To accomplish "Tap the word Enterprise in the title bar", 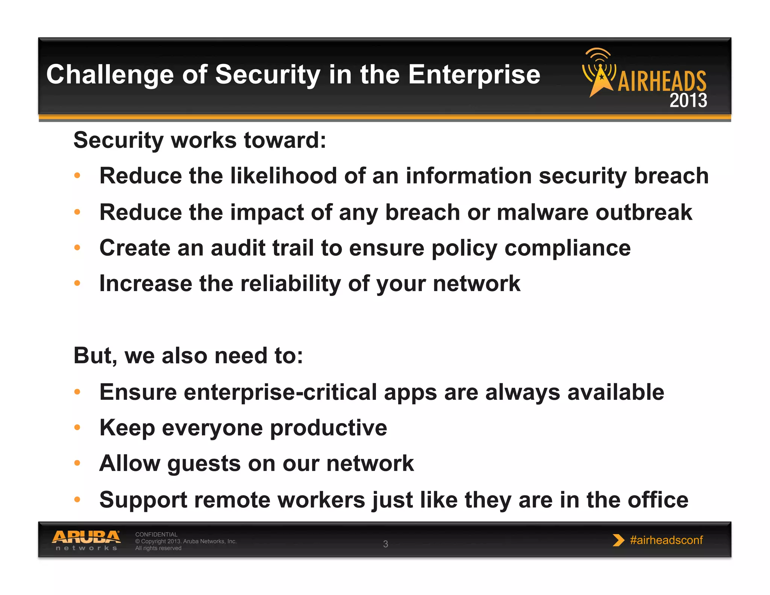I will [474, 75].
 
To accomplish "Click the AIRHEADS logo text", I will [662, 81].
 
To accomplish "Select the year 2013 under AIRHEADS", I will [688, 100].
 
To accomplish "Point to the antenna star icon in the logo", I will [600, 77].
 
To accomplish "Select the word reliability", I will [291, 283].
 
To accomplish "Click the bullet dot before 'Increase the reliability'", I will [77, 283].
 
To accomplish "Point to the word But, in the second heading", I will [95, 356].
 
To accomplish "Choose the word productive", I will [328, 428].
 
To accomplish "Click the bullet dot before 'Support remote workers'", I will [77, 499].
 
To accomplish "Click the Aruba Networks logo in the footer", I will [86, 540].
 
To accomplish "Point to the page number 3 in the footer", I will [385, 544].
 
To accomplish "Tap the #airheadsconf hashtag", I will [666, 540].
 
